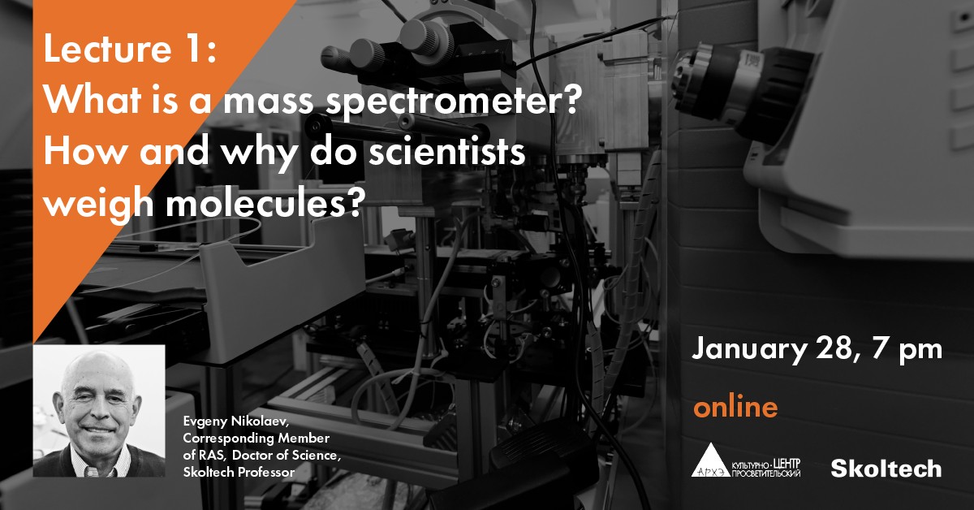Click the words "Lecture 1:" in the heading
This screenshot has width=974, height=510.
pyautogui.click(x=130, y=49)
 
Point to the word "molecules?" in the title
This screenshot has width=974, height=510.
pyautogui.click(x=264, y=202)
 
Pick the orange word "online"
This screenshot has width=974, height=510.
pyautogui.click(x=735, y=406)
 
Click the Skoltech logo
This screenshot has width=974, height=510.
pyautogui.click(x=886, y=469)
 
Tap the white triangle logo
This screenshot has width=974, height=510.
pyautogui.click(x=710, y=460)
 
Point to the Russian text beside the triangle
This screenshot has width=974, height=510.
pyautogui.click(x=766, y=468)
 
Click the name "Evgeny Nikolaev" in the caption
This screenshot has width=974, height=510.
pyautogui.click(x=236, y=421)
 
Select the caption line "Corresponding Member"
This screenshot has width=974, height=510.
pyautogui.click(x=256, y=438)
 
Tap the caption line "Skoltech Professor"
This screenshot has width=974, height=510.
pyautogui.click(x=239, y=472)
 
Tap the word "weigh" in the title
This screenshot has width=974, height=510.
pyautogui.click(x=99, y=203)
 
